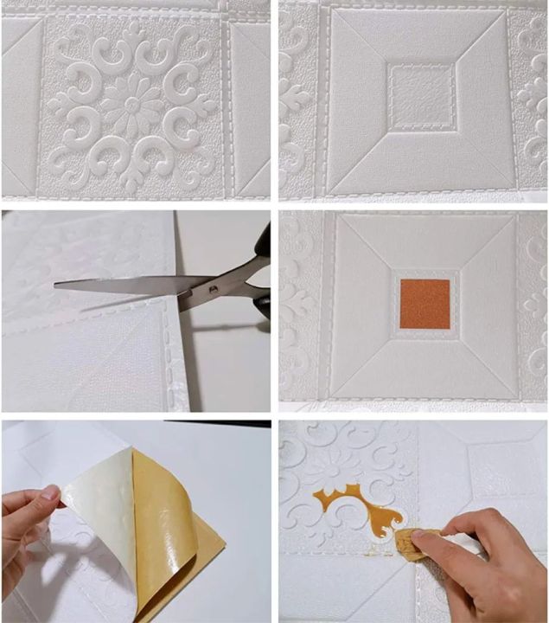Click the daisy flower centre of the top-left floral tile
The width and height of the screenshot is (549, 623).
click(132, 104)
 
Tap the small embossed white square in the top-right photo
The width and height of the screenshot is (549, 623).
click(421, 94)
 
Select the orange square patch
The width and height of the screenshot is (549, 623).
click(425, 303)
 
